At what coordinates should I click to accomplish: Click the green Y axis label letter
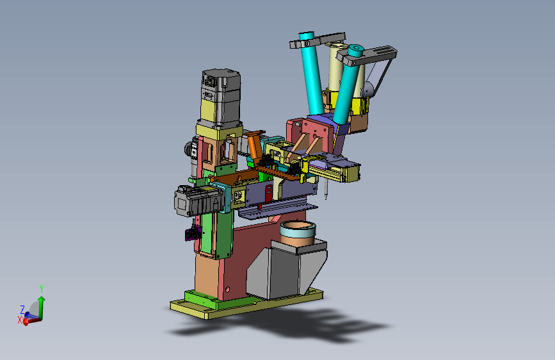point(42,288)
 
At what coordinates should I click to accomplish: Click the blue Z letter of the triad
point(22,310)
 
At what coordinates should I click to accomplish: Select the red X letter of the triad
point(20,320)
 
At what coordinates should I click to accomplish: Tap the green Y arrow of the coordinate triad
point(42,307)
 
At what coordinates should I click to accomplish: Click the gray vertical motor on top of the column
point(221,97)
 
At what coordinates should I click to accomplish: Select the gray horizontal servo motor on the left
point(198,200)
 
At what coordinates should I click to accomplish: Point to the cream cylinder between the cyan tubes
point(336,67)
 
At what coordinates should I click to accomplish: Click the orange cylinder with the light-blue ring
point(298,233)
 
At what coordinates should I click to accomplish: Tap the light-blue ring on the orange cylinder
point(298,229)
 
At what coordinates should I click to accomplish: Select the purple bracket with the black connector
point(193,233)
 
